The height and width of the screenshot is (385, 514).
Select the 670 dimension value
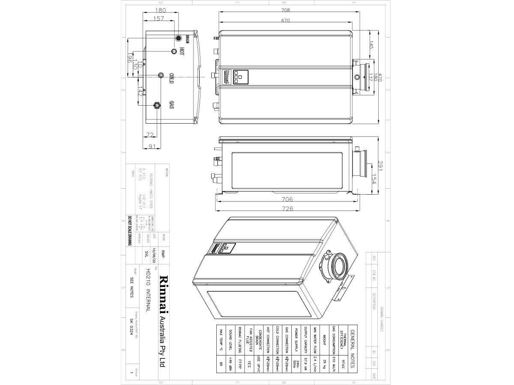tap(286, 21)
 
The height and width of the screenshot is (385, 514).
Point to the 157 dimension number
tap(158, 19)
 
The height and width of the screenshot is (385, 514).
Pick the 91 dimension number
tap(151, 146)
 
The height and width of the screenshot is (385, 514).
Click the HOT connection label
tap(182, 51)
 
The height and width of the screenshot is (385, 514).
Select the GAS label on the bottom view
tap(171, 105)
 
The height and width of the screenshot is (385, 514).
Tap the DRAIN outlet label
tap(187, 38)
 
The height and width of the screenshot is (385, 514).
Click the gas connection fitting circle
tap(157, 104)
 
